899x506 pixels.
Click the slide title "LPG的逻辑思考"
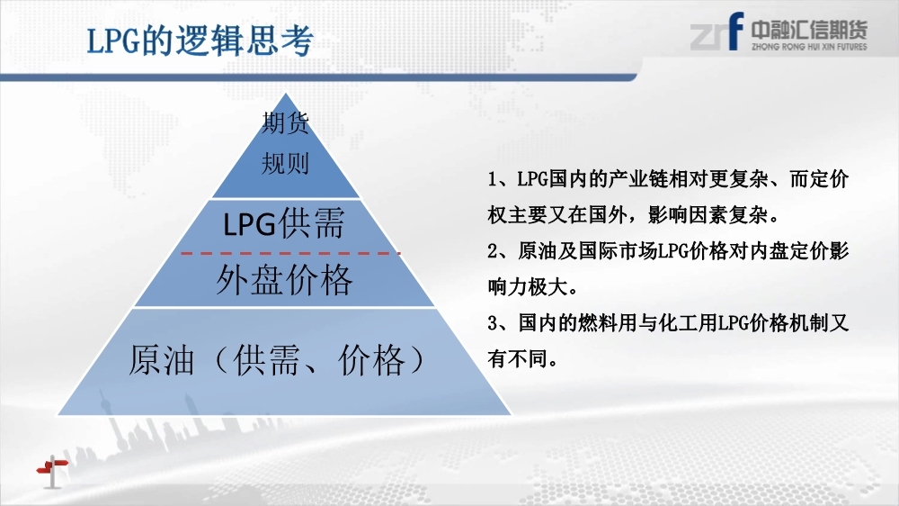click(200, 41)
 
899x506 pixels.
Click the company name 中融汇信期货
click(809, 30)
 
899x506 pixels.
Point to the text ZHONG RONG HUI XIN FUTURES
click(809, 47)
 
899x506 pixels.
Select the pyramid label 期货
click(286, 123)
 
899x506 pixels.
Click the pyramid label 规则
click(286, 164)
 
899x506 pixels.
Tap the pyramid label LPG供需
click(284, 223)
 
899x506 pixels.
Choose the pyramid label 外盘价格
click(284, 280)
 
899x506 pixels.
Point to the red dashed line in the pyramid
click(290, 253)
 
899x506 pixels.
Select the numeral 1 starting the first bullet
click(492, 180)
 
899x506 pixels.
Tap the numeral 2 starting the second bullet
click(493, 251)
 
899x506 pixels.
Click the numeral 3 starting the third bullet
click(493, 323)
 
